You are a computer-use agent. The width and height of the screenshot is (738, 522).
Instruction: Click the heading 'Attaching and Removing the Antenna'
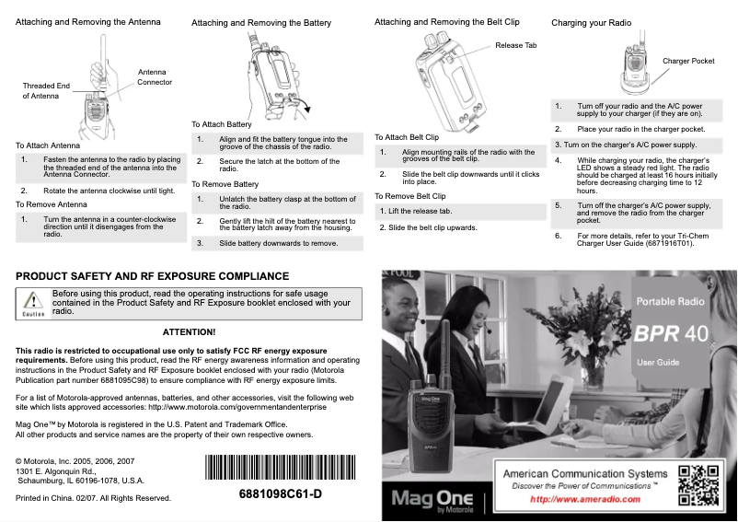pos(87,21)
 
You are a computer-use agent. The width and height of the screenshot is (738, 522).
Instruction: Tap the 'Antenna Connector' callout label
pos(154,77)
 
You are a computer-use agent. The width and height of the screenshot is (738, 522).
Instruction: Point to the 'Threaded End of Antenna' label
pos(46,91)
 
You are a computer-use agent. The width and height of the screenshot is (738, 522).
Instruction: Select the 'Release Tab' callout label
pos(515,45)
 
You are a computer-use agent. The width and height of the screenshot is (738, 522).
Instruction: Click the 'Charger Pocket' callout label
pos(687,61)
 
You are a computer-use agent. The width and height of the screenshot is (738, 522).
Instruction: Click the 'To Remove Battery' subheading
pos(225,184)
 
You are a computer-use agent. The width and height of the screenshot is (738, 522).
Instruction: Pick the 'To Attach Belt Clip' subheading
pos(406,136)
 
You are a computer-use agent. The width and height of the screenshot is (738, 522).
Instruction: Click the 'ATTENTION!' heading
pos(189,331)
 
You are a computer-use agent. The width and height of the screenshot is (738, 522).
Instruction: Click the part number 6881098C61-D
pos(280,494)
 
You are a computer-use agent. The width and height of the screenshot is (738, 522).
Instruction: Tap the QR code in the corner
pos(698,484)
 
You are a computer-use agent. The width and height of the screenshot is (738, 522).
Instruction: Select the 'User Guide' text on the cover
pos(658,363)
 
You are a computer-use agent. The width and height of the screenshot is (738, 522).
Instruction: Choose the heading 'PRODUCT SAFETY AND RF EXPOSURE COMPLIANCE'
pos(153,276)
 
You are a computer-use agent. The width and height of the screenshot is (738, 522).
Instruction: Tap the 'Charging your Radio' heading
pos(591,22)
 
